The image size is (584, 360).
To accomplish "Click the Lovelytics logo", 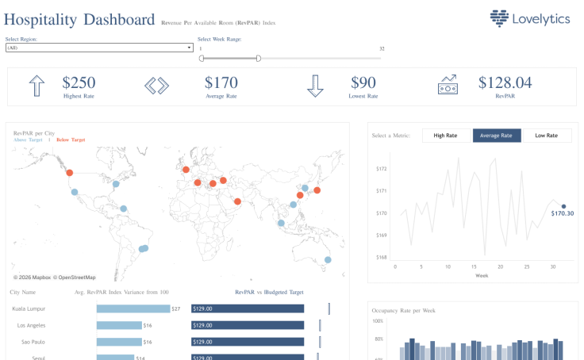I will pos(529,17).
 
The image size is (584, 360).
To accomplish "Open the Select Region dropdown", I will pos(99,48).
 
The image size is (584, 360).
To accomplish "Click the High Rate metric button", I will pos(445,136).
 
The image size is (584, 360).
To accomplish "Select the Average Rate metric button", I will pos(497,136).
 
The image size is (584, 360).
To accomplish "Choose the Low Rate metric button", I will pos(547,136).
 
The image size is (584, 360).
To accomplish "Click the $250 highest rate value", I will pos(79,82).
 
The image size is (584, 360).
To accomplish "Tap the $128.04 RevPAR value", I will pos(505,82).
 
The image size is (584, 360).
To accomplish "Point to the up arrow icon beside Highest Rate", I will pos(36,86).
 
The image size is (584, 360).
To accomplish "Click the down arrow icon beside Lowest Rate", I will pos(316,86).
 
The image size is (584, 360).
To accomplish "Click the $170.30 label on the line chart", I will pos(563,213).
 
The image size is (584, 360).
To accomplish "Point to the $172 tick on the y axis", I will pos(381,168).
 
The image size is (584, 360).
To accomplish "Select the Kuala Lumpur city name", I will pos(28,308).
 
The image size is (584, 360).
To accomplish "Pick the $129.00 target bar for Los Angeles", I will pos(248,325).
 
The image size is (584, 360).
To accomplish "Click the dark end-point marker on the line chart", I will pos(563,206).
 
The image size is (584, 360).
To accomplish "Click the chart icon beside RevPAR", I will pos(448,85).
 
